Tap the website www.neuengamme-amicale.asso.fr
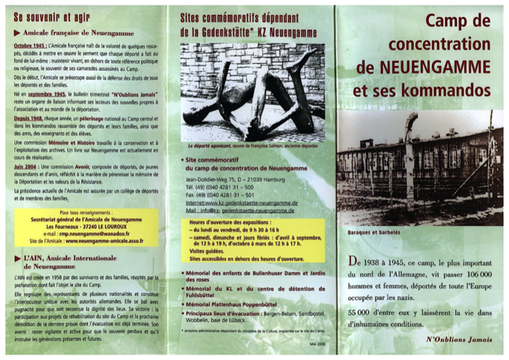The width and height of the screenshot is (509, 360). tap(104, 241)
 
